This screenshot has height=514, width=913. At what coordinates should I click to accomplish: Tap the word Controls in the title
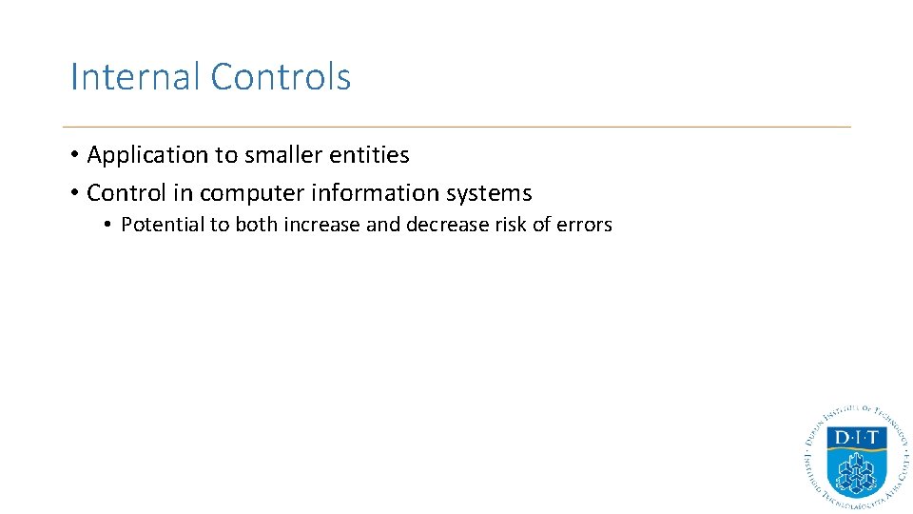[x=281, y=77]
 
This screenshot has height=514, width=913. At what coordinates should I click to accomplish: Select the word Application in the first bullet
[x=147, y=155]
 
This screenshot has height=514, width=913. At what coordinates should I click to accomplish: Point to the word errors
[x=585, y=226]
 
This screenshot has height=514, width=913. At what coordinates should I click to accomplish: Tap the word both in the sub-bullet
[x=252, y=226]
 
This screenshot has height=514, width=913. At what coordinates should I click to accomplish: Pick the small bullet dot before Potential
[x=109, y=226]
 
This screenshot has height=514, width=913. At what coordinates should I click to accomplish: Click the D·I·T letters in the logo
[x=856, y=439]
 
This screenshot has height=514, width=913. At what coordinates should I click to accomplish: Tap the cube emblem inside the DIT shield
[x=856, y=468]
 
